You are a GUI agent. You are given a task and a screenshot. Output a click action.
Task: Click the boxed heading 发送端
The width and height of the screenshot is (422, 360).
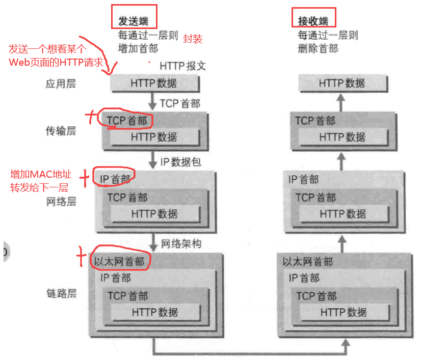tap(134, 21)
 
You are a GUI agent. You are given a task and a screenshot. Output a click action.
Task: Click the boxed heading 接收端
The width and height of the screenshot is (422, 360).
tap(313, 21)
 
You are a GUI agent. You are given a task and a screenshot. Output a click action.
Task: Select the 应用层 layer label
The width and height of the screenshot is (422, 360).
tap(61, 84)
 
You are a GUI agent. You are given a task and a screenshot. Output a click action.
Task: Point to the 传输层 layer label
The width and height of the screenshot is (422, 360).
tap(61, 131)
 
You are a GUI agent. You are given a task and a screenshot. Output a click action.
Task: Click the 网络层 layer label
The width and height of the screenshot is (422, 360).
tap(61, 202)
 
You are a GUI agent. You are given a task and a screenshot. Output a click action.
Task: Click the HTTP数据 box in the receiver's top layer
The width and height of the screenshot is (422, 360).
tap(342, 84)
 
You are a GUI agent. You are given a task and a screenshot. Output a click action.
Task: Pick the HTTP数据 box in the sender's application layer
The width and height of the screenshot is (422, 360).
tap(154, 84)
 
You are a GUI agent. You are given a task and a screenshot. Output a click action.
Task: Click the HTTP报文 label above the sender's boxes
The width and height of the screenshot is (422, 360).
tap(182, 66)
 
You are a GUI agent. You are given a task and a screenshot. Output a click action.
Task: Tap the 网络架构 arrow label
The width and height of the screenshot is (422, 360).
tap(181, 243)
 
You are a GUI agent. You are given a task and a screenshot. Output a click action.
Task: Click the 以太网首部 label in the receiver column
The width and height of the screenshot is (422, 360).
tap(308, 262)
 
